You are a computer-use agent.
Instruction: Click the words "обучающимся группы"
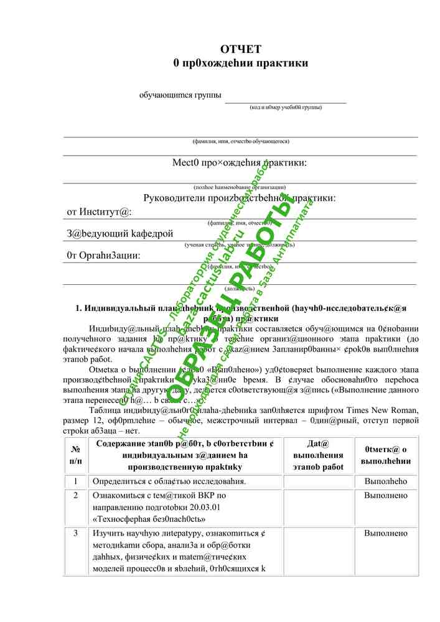(180, 95)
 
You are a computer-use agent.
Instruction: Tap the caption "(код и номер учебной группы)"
(286, 107)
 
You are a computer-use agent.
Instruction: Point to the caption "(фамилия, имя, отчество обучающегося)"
(240, 141)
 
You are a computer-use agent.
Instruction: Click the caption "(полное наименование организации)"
(240, 187)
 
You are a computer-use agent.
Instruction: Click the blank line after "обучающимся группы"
(285, 100)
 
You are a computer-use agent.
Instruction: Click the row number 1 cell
(76, 481)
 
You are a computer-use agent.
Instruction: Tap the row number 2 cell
(76, 496)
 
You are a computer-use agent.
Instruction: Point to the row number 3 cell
(76, 533)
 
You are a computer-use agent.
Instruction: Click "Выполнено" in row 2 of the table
(386, 496)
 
